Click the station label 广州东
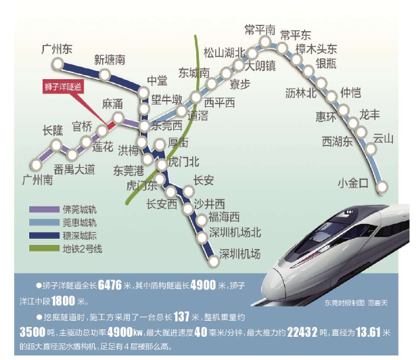(57, 49)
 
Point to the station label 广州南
(38, 181)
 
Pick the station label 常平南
(260, 30)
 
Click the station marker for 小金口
(383, 187)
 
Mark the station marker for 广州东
(60, 64)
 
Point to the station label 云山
(383, 139)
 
